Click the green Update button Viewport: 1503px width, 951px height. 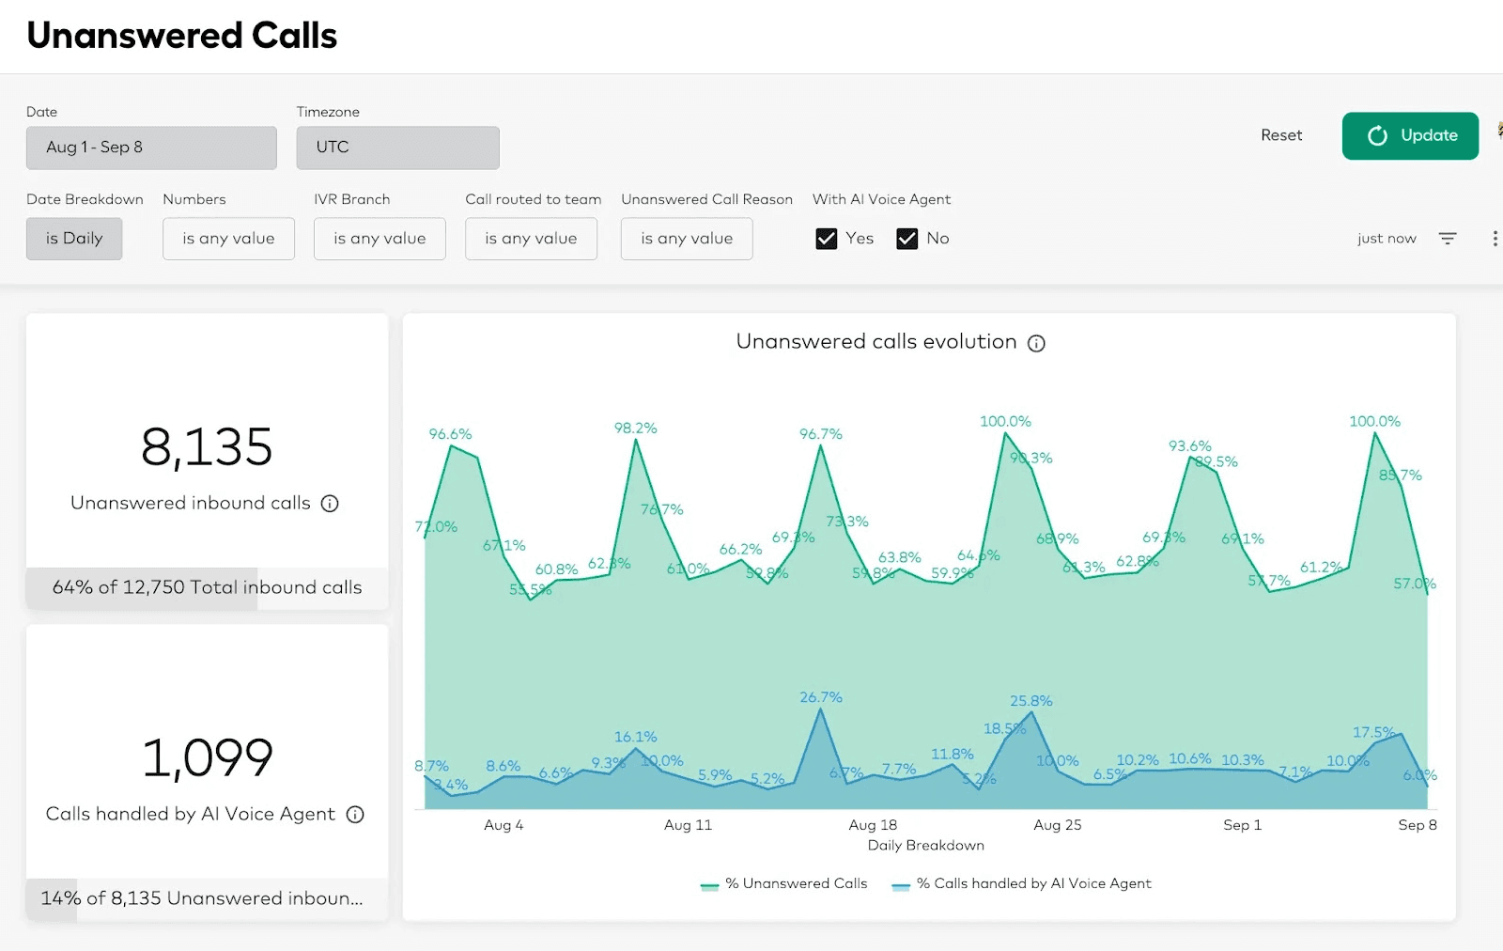click(1409, 135)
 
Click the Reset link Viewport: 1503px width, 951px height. click(1280, 135)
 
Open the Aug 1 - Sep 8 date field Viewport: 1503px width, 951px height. click(151, 148)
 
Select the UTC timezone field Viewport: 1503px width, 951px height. click(397, 148)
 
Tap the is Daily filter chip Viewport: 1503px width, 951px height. click(74, 239)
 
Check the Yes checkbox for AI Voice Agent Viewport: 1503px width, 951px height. click(827, 239)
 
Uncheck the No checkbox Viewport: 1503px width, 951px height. click(906, 239)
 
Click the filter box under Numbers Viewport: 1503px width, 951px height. click(228, 239)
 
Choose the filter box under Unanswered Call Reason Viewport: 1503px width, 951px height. click(686, 239)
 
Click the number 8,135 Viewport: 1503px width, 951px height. click(207, 447)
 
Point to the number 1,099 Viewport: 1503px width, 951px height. click(207, 758)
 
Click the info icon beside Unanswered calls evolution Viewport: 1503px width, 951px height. click(1036, 344)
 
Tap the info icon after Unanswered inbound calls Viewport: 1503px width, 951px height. click(330, 504)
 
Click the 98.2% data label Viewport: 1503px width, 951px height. click(635, 429)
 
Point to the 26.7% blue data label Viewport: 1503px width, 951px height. click(820, 697)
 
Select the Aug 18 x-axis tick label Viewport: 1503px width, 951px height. click(873, 825)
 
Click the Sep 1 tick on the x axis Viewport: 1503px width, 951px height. click(1242, 825)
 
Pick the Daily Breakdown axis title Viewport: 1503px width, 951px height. click(925, 846)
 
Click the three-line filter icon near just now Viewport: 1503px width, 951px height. click(1447, 239)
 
